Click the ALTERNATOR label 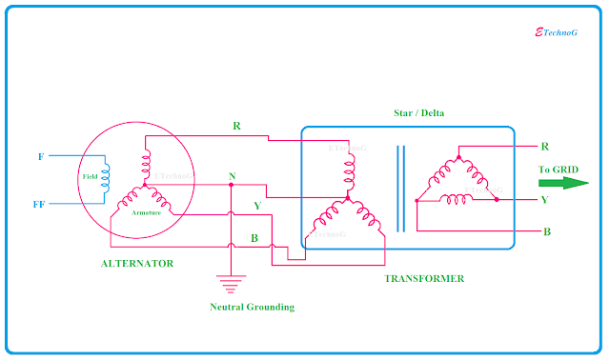(137, 263)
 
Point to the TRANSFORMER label (424, 278)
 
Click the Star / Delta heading (421, 113)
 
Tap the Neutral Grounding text (251, 307)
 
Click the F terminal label (39, 154)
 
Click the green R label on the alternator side (236, 126)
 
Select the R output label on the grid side (544, 147)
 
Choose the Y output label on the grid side (544, 200)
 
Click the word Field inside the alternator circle (90, 176)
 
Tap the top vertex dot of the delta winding (458, 157)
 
